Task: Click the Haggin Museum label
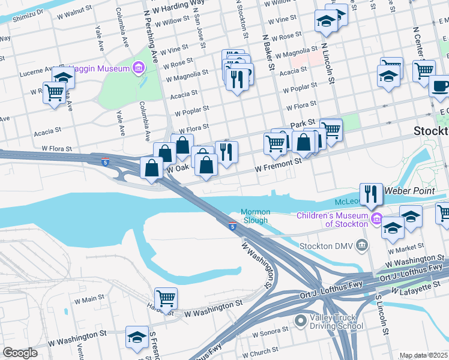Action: click(100, 68)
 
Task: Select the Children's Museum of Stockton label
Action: click(337, 220)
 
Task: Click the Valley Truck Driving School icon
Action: click(301, 323)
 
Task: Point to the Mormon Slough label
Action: click(256, 216)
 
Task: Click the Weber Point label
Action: click(409, 190)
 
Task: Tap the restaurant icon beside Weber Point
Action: click(372, 193)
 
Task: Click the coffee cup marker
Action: click(439, 86)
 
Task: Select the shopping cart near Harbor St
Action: click(166, 298)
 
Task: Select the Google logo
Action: click(20, 353)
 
